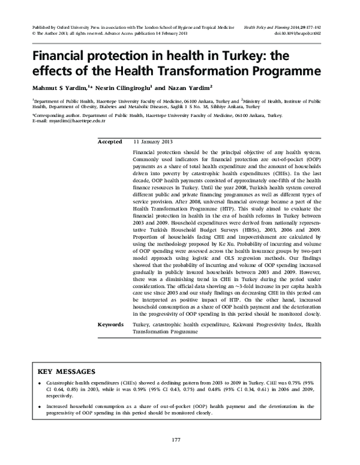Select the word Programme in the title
(x=286, y=73)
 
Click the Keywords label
(x=111, y=325)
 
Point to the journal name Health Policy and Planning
(x=263, y=28)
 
